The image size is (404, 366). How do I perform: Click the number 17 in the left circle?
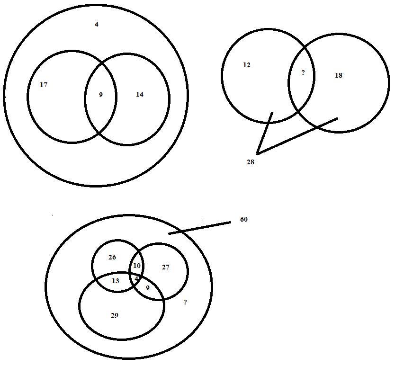(44, 85)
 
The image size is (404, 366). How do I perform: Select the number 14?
(139, 95)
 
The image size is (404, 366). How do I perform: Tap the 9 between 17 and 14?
(100, 95)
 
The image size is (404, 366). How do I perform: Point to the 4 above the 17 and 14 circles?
(97, 24)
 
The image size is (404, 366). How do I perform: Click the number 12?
(246, 65)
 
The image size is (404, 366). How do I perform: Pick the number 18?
(338, 75)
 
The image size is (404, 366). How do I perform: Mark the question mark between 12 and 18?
(303, 73)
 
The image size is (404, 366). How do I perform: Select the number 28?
(250, 162)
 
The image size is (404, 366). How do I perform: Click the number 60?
(243, 220)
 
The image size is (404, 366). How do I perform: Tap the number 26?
(112, 258)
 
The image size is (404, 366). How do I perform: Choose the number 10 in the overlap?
(136, 266)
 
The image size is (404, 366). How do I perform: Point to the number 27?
(165, 268)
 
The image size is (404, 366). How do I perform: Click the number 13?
(116, 281)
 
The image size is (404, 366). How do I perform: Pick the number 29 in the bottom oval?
(114, 315)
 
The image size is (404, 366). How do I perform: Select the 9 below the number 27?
(147, 288)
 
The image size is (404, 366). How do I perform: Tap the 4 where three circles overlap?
(136, 278)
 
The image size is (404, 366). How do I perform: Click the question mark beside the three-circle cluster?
(185, 302)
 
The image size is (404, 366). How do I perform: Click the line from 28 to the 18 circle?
(297, 136)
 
